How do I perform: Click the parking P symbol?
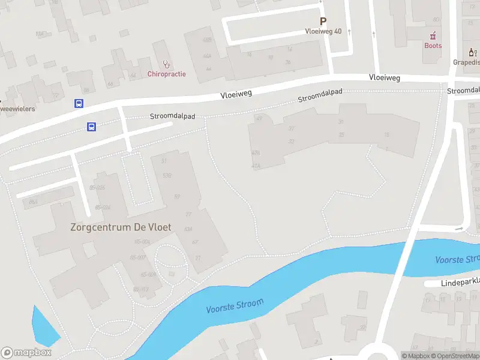(x=323, y=21)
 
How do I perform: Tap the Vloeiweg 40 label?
(x=323, y=31)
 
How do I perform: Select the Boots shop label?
(x=433, y=46)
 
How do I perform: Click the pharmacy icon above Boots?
(x=433, y=35)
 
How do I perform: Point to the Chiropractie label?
(x=166, y=74)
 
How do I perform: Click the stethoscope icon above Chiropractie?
(x=166, y=63)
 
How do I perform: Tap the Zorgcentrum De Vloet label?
(x=121, y=227)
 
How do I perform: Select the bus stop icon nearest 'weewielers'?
(x=79, y=103)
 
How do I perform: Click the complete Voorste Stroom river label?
(x=235, y=306)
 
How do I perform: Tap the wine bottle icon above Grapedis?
(x=472, y=52)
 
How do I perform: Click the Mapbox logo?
(x=26, y=353)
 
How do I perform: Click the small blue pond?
(x=44, y=327)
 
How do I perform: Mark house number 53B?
(x=167, y=175)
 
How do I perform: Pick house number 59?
(x=177, y=197)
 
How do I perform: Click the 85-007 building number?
(x=138, y=257)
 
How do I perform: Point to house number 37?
(x=292, y=128)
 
